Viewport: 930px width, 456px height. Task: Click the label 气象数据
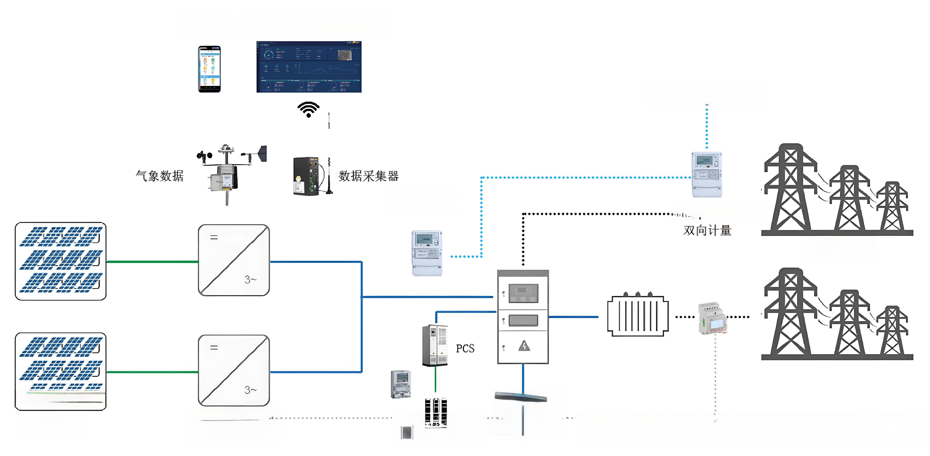(160, 176)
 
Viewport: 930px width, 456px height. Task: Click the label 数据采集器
(368, 176)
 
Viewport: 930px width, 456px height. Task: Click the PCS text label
(465, 348)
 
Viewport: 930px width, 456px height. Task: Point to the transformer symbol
(638, 316)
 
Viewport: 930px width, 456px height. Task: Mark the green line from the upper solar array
(152, 262)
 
